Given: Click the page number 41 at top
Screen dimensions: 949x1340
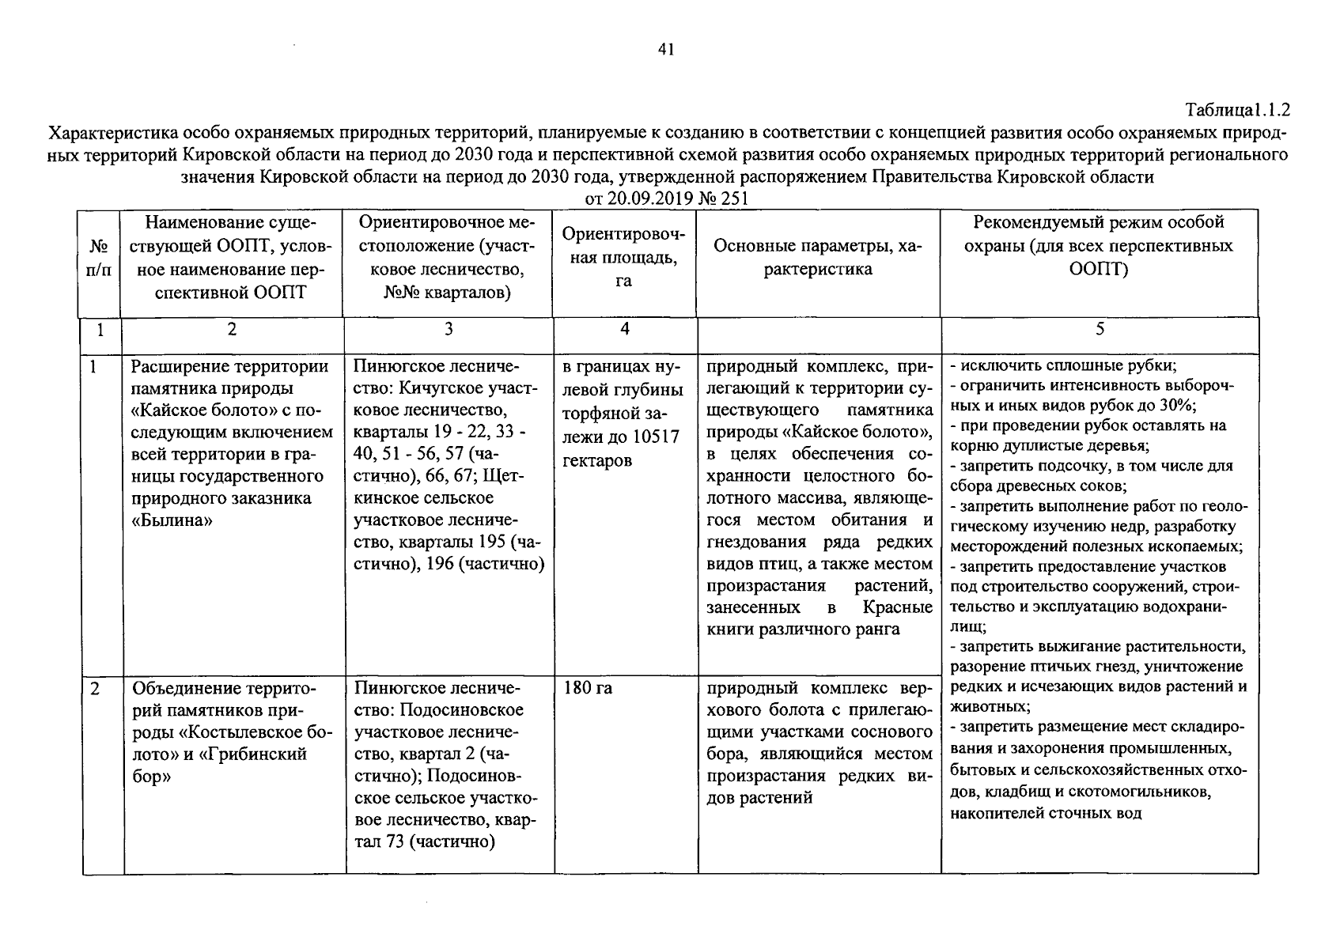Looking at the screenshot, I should click(x=665, y=51).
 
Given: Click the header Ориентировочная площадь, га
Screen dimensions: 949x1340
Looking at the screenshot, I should click(x=623, y=257).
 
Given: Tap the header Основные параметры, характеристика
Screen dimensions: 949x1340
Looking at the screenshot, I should click(x=817, y=258).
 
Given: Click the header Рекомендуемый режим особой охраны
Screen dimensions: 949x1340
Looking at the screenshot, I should click(x=1098, y=245).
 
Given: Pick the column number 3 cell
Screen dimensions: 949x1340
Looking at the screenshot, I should click(x=448, y=329).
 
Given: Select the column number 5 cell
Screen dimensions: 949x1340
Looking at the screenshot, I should click(x=1099, y=329).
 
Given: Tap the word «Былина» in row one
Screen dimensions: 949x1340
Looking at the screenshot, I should click(x=172, y=520).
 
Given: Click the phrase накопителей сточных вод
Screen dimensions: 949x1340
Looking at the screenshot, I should click(x=1045, y=813).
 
